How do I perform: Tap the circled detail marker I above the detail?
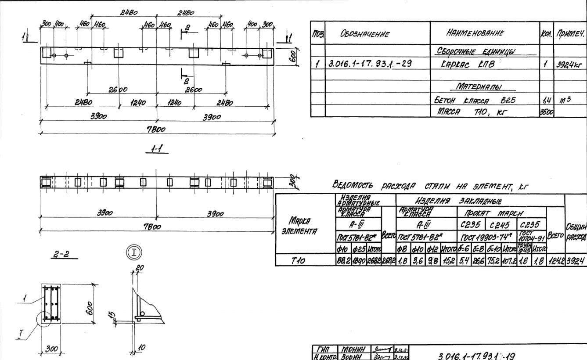pyautogui.click(x=132, y=252)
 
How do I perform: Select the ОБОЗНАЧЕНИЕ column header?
pyautogui.click(x=364, y=34)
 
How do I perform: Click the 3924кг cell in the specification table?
pyautogui.click(x=569, y=64)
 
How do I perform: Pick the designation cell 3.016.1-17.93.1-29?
pyautogui.click(x=370, y=64)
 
